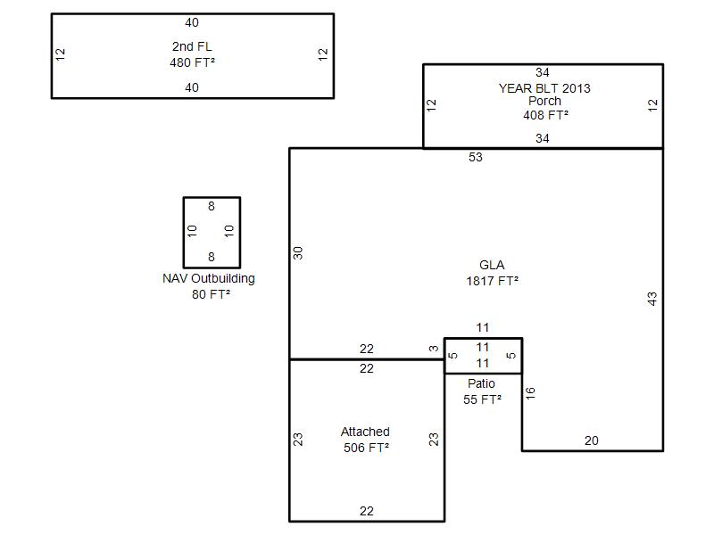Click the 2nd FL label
pos(192,46)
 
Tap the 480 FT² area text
pos(192,62)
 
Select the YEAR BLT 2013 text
pos(544,88)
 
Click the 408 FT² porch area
pos(545,115)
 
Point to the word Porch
pos(544,101)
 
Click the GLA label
pos(492,265)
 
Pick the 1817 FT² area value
pos(493,281)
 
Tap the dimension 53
pos(476,157)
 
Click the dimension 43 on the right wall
pos(652,299)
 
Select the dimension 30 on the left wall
pos(298,253)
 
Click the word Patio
pos(481,383)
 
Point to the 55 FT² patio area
pos(482,399)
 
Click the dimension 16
pos(530,393)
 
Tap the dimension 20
pos(592,440)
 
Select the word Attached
pos(365,432)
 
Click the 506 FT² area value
pos(366,448)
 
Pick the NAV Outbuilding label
pos(209,278)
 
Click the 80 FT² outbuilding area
pos(211,294)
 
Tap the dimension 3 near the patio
pos(434,349)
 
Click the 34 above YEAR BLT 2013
pos(543,72)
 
